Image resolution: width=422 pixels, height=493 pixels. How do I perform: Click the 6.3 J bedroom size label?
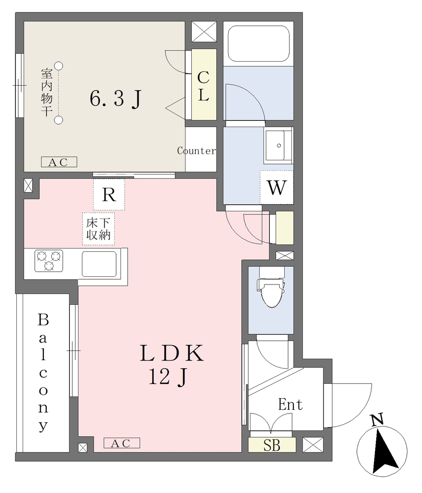116,98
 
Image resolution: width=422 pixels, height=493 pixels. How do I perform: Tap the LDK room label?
172,353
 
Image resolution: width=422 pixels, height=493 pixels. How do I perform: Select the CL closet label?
204,86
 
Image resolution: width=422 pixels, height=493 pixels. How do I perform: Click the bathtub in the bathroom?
258,43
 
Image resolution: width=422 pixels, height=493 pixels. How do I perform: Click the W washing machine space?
277,188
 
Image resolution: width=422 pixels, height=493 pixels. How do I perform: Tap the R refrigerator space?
109,195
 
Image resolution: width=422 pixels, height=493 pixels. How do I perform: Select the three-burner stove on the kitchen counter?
49,260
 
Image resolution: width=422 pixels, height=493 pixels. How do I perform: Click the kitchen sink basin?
99,264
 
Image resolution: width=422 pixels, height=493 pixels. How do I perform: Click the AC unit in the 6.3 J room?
59,162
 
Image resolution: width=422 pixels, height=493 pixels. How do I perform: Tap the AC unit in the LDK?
122,443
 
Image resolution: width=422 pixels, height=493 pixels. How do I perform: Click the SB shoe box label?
272,445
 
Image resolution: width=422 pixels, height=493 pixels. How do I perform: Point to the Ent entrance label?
290,404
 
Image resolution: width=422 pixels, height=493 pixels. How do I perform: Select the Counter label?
197,151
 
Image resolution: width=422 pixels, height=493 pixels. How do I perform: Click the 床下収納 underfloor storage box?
98,229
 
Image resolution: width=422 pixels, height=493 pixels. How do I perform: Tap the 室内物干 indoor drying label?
47,92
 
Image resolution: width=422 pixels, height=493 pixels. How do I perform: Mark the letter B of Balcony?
43,320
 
